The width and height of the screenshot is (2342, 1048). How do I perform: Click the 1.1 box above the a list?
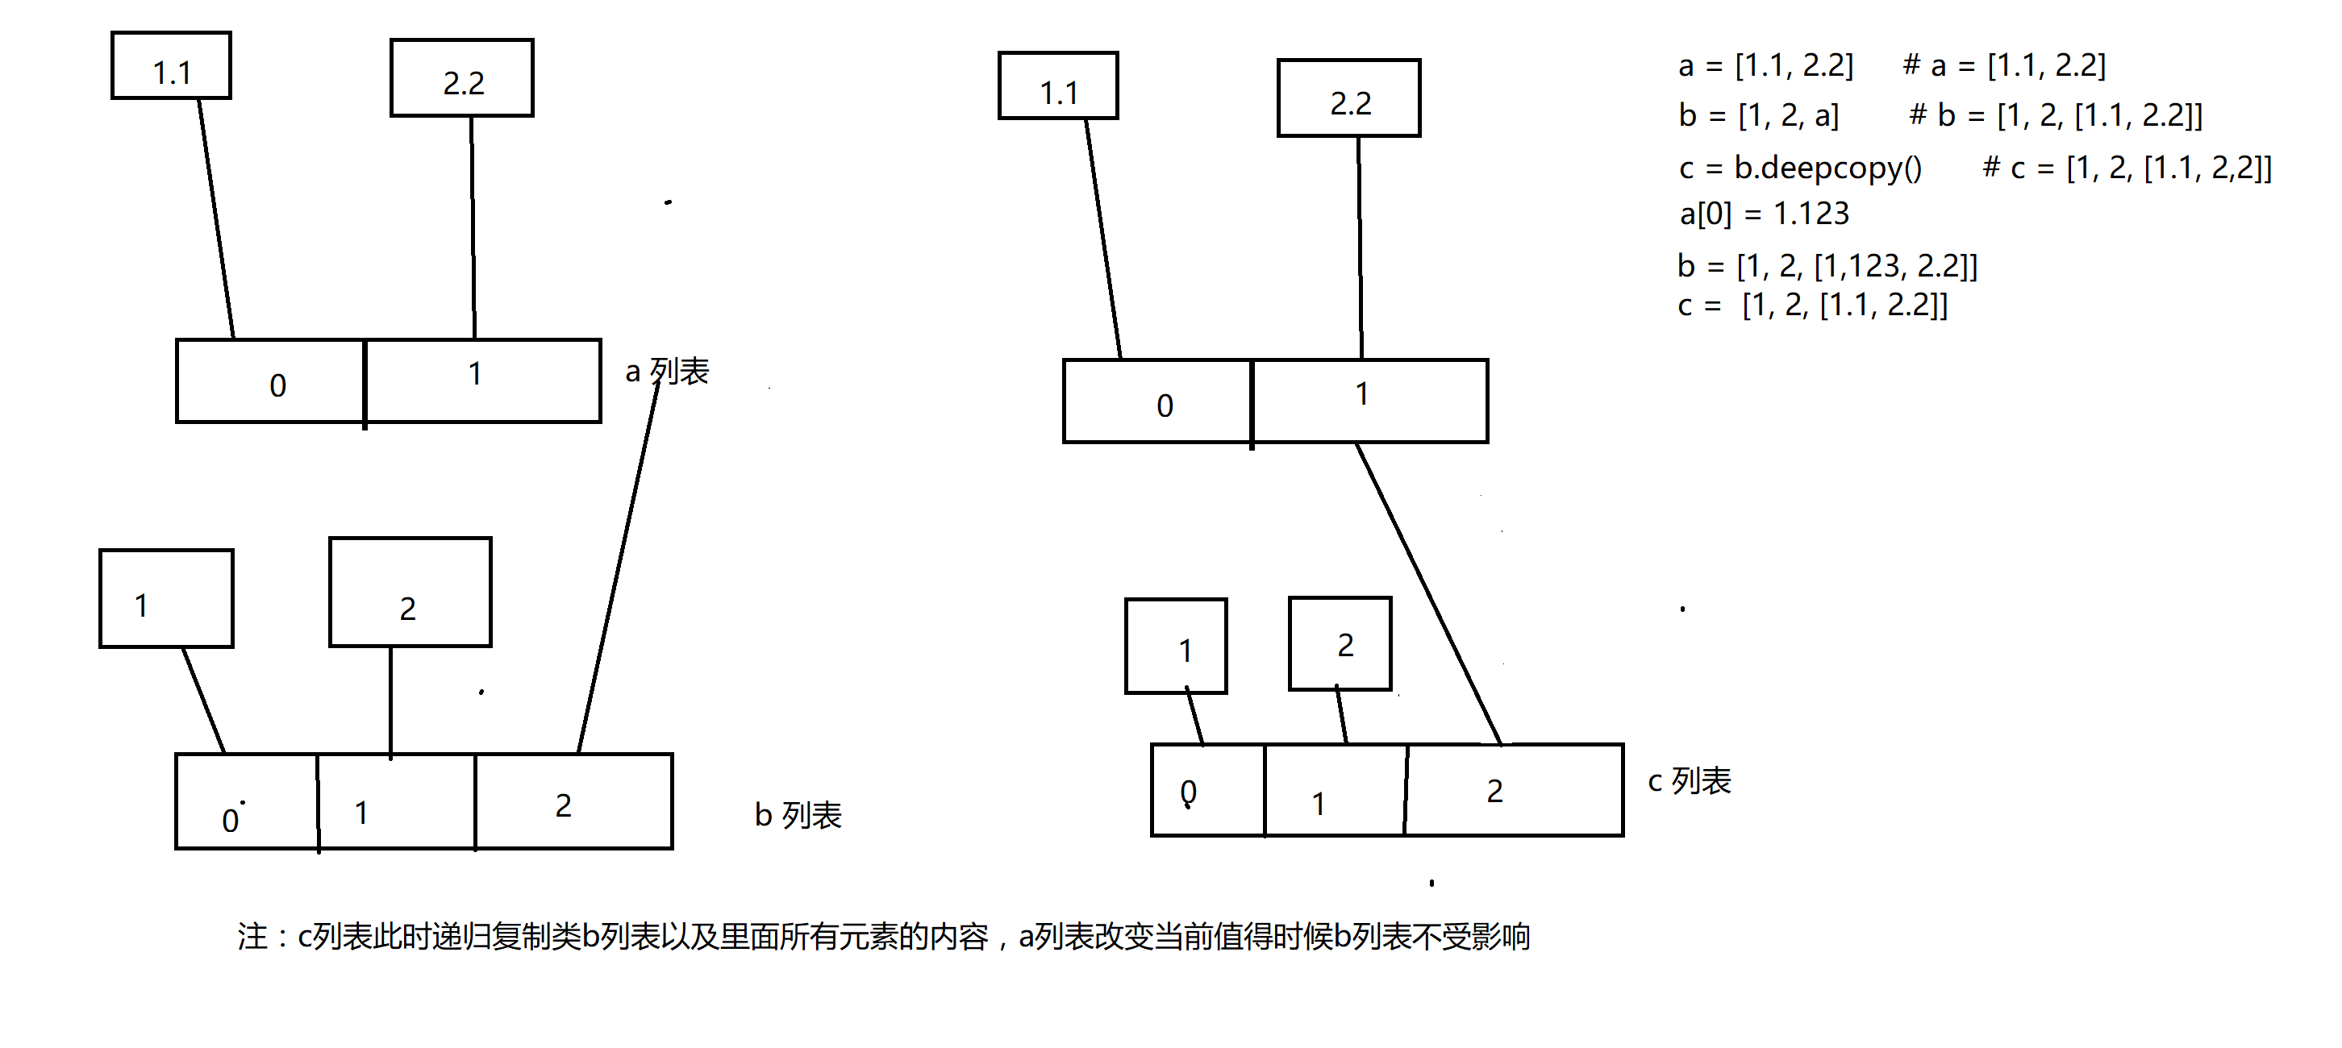(x=171, y=65)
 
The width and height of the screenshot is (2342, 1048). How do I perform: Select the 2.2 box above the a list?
(x=462, y=78)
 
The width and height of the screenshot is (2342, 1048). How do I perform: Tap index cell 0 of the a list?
(x=271, y=381)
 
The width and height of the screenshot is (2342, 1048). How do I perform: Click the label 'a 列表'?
(x=667, y=371)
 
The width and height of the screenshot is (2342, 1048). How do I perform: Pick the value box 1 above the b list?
(x=166, y=598)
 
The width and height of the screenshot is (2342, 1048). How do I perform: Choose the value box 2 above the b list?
(x=410, y=593)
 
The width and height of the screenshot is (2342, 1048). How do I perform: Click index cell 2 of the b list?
(x=573, y=801)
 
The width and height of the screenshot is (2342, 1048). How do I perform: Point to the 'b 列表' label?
(x=798, y=814)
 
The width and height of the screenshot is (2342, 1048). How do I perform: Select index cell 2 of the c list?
(x=1515, y=790)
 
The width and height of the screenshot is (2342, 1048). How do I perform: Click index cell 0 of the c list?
(x=1208, y=790)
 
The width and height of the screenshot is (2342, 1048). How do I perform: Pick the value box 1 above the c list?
(x=1177, y=647)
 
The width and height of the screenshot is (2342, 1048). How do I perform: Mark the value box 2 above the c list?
(x=1340, y=643)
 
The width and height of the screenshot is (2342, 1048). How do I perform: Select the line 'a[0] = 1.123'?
(x=1764, y=214)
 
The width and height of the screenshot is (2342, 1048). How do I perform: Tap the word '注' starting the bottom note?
(x=252, y=936)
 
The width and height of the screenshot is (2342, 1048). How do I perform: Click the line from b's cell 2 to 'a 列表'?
(x=619, y=565)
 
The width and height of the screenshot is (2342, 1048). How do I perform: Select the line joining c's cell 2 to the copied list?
(x=1428, y=594)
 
